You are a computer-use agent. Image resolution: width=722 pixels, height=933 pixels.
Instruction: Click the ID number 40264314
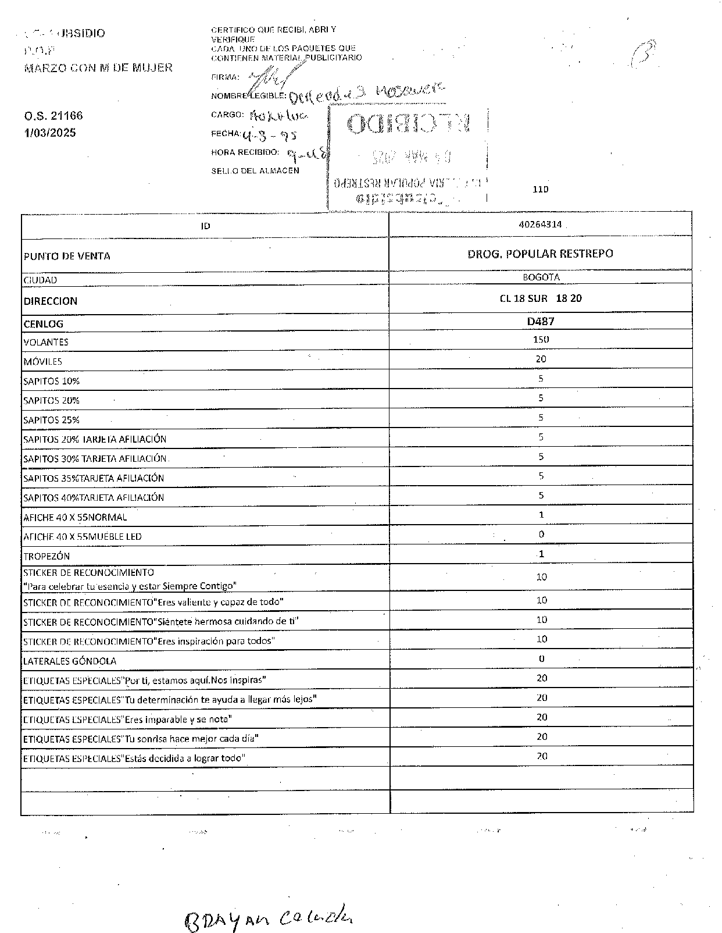(x=541, y=225)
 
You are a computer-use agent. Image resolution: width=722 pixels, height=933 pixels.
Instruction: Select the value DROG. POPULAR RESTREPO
(x=540, y=254)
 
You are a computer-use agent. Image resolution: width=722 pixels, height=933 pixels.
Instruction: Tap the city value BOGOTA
(x=541, y=277)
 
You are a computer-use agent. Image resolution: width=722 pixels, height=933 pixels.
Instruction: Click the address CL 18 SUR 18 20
(x=541, y=298)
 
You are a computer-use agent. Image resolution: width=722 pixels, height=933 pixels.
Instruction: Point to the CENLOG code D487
(x=541, y=321)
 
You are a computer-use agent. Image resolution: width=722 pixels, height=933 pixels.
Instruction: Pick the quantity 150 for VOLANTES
(x=541, y=339)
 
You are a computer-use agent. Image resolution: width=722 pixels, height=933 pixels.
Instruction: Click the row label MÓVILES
(x=42, y=362)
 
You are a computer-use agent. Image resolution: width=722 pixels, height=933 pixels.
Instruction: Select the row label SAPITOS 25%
(x=51, y=420)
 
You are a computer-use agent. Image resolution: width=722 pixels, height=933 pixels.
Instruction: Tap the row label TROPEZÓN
(x=47, y=556)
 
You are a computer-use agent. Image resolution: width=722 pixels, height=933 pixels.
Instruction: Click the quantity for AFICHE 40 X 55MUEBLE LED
(x=541, y=534)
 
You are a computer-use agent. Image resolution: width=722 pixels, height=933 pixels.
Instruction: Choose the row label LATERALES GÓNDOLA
(x=70, y=661)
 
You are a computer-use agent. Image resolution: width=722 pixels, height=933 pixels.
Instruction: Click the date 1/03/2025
(x=50, y=133)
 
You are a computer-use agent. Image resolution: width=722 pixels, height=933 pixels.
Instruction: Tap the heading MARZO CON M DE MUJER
(x=98, y=67)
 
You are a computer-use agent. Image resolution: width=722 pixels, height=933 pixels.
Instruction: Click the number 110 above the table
(x=541, y=189)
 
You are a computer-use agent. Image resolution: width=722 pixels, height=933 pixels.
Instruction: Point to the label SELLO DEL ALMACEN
(x=255, y=171)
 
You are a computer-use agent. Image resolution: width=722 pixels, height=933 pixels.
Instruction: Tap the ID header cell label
(x=205, y=226)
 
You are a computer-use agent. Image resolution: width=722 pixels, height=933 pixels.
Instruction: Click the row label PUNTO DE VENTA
(x=67, y=257)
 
